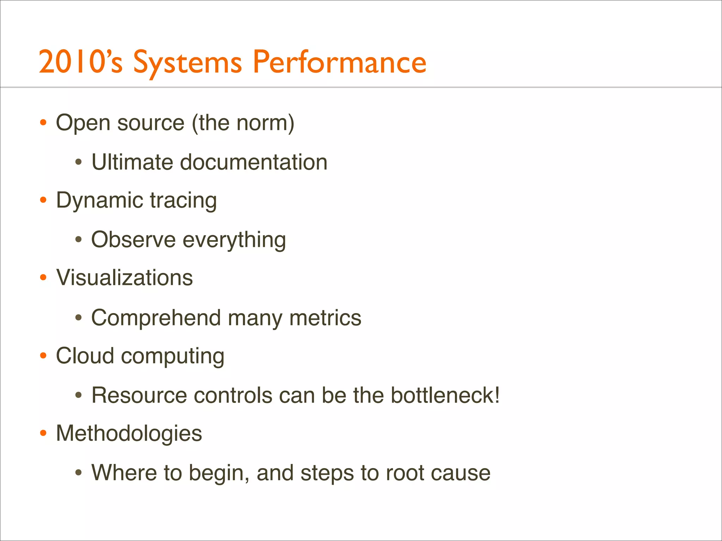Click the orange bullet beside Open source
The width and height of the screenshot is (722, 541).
43,123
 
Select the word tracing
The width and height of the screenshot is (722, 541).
183,201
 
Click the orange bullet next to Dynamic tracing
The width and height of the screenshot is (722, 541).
43,200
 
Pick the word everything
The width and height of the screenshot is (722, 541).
234,240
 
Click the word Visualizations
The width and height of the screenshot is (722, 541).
124,278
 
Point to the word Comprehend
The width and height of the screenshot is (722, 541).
156,318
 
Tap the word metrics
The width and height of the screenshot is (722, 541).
325,317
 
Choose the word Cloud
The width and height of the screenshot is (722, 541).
85,355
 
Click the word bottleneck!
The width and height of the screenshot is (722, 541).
445,395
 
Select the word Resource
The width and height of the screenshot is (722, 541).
139,395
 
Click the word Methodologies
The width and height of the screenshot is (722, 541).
129,433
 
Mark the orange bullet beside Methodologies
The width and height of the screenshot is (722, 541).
43,433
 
